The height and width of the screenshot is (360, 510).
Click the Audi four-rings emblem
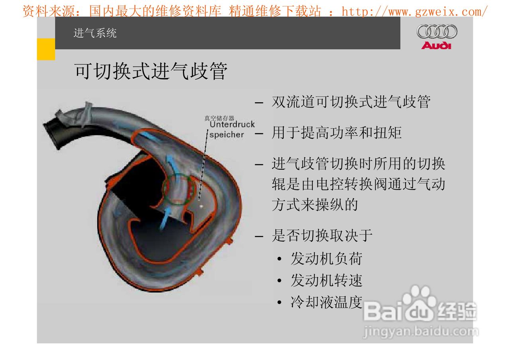[x=437, y=31]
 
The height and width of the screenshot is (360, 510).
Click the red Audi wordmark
[x=436, y=45]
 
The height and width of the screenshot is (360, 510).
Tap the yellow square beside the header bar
[x=46, y=49]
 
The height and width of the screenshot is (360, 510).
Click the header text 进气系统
[x=95, y=33]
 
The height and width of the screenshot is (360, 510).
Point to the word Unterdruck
[x=232, y=125]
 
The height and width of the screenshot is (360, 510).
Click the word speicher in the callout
[x=227, y=135]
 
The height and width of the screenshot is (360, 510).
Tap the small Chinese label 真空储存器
[x=219, y=118]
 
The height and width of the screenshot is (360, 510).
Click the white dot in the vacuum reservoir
[x=201, y=206]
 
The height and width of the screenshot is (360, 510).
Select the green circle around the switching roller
[x=179, y=189]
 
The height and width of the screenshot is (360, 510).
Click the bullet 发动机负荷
[x=326, y=258]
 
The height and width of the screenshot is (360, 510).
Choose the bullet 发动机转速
[x=326, y=280]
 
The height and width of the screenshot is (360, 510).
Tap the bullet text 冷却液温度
[x=326, y=302]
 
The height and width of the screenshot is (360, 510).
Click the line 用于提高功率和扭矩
[x=336, y=132]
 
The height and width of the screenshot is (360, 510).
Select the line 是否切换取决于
[x=322, y=235]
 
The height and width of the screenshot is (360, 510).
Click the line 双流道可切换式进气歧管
[x=351, y=102]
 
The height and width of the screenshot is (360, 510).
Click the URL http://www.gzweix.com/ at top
[x=414, y=12]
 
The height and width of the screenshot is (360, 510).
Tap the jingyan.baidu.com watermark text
[x=421, y=332]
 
